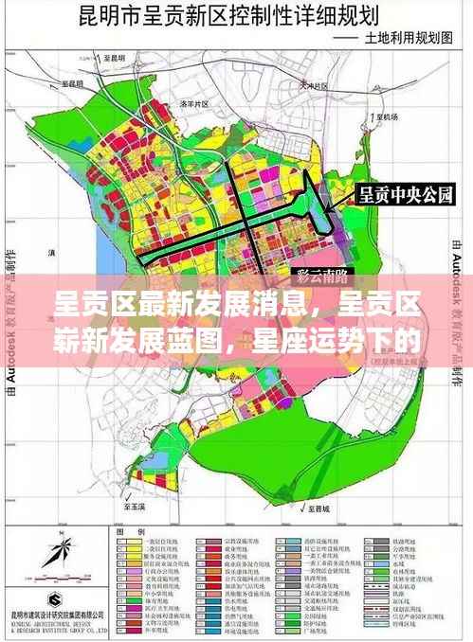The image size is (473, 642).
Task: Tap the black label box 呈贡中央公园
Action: tap(405, 196)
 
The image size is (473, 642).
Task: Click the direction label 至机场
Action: tap(386, 116)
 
